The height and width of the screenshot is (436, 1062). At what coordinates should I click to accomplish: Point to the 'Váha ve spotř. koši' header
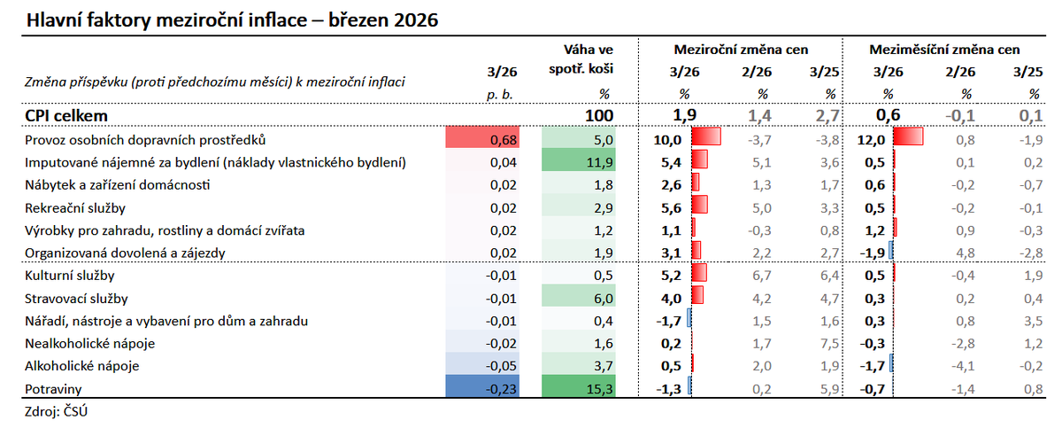(588, 58)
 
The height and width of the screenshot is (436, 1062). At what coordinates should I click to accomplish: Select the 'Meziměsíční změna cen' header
(944, 50)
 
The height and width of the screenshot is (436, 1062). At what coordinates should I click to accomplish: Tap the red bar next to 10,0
(706, 138)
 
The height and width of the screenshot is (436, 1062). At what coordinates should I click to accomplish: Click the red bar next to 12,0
(909, 138)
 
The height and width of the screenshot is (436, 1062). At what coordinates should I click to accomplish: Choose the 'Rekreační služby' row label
(76, 207)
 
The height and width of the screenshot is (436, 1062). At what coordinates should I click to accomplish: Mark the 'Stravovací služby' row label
(78, 298)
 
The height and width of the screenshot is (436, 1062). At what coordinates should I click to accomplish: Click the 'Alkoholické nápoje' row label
(82, 365)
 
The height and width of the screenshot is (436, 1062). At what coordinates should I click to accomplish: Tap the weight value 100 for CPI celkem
(598, 115)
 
